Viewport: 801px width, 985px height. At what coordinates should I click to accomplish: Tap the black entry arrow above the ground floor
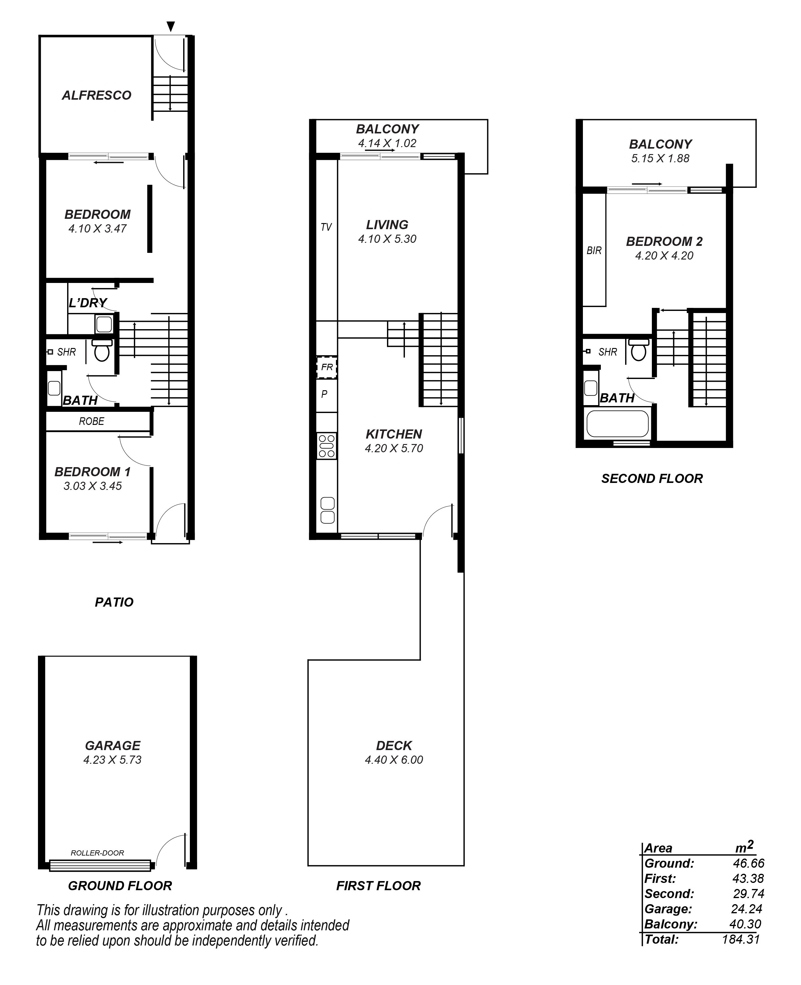(x=171, y=27)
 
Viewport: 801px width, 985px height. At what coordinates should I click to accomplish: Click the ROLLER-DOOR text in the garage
(x=98, y=853)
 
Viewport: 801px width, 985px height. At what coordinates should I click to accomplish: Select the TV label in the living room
(x=326, y=227)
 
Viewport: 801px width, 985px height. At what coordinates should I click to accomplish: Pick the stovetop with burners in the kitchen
(x=327, y=446)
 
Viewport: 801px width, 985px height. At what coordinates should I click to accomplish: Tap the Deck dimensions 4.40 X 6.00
(x=394, y=760)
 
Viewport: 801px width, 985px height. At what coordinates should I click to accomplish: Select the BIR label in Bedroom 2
(x=594, y=251)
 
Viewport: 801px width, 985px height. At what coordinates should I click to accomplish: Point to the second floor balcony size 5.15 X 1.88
(x=660, y=158)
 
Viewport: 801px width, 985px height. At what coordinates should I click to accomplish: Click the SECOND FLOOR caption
(x=652, y=479)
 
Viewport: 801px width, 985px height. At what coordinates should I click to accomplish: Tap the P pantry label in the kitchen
(x=324, y=394)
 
